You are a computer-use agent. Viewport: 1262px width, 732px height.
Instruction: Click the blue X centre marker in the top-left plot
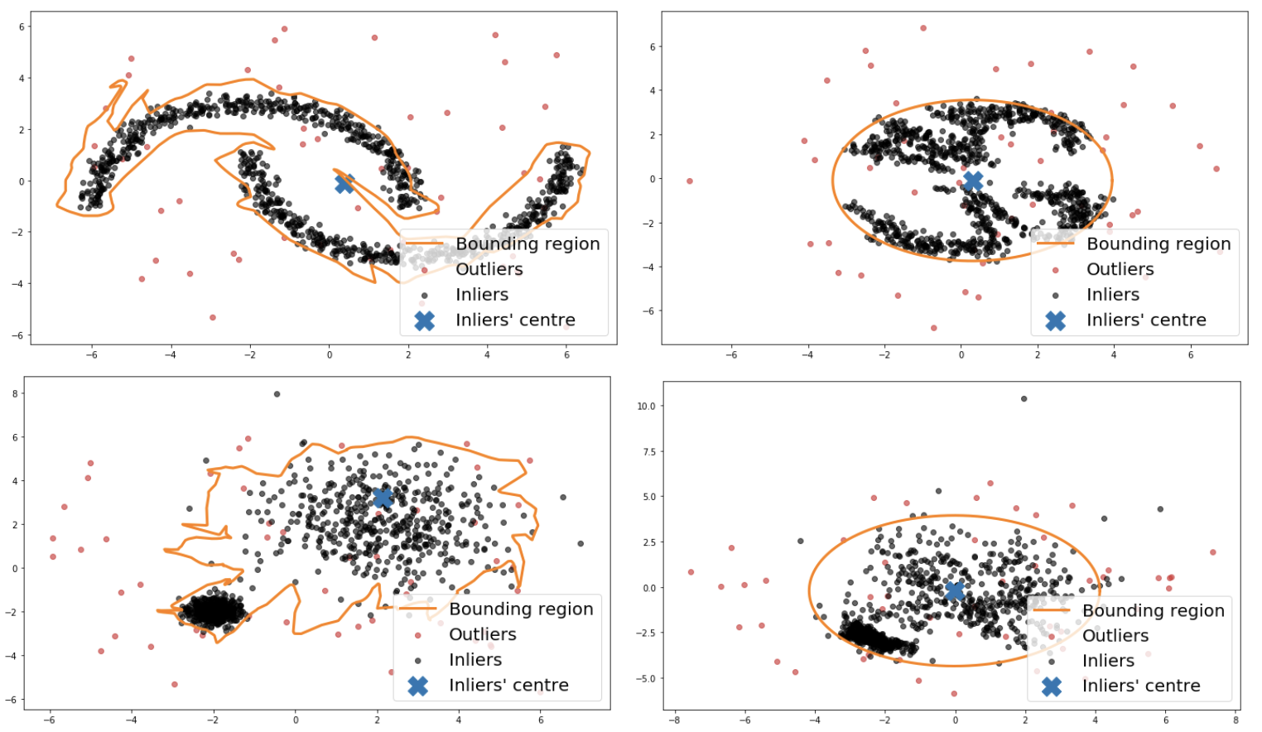(344, 183)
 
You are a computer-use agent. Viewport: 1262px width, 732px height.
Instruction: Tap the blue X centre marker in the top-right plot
(973, 181)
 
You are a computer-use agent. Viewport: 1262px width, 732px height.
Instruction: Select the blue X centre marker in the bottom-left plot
(383, 498)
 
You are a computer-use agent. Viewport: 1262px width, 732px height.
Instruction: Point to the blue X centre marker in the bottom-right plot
(955, 590)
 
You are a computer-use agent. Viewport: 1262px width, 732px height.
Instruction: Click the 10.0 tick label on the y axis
(646, 407)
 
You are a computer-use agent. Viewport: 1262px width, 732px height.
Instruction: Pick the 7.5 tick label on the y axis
(648, 452)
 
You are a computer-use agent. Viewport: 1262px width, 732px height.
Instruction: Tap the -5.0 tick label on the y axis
(646, 679)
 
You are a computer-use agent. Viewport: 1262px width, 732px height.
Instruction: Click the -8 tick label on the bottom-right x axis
(675, 720)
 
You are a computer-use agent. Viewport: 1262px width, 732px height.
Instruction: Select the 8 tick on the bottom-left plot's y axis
(15, 394)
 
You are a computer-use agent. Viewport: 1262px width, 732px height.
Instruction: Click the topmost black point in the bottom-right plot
(1024, 399)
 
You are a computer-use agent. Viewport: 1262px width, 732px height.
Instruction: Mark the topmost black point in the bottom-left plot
(277, 394)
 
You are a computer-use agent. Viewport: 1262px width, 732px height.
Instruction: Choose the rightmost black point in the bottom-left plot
(580, 544)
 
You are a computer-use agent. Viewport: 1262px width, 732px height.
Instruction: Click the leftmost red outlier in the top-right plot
(690, 181)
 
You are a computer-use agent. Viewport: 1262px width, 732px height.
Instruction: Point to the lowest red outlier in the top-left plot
(213, 317)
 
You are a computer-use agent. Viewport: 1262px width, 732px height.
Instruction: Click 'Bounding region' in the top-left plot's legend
(527, 244)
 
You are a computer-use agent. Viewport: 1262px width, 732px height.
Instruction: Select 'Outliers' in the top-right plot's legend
(1120, 270)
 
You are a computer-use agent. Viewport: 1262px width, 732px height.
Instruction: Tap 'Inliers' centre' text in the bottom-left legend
(508, 686)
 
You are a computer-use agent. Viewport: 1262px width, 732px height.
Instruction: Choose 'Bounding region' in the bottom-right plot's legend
(1153, 611)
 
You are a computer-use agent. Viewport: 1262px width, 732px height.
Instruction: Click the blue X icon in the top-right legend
(1055, 320)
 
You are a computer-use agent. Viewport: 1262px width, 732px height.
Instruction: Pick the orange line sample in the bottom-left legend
(418, 609)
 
